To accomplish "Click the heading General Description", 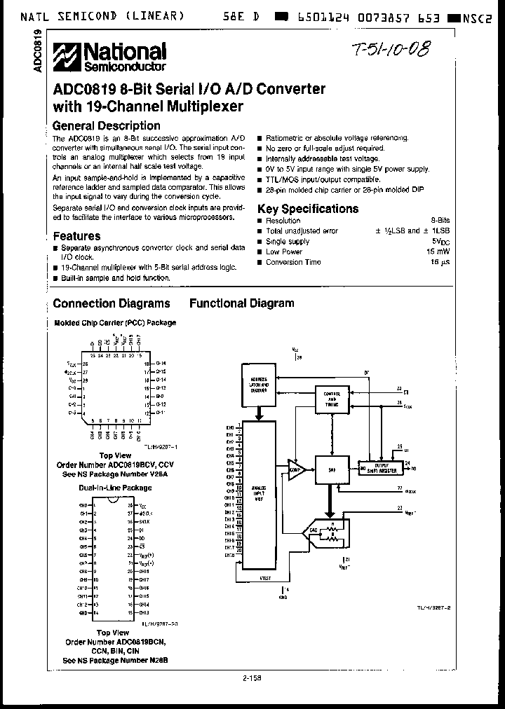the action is pyautogui.click(x=107, y=126).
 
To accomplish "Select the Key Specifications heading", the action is pyautogui.click(x=308, y=209).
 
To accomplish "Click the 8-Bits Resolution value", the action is pyautogui.click(x=439, y=221).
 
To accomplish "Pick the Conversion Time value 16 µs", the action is pyautogui.click(x=440, y=262).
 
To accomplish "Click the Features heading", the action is pyautogui.click(x=77, y=236).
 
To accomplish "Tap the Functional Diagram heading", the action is pyautogui.click(x=242, y=303).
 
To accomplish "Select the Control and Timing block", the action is pyautogui.click(x=331, y=398).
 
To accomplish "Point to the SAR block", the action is pyautogui.click(x=331, y=469).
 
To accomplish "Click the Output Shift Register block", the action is pyautogui.click(x=381, y=468).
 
